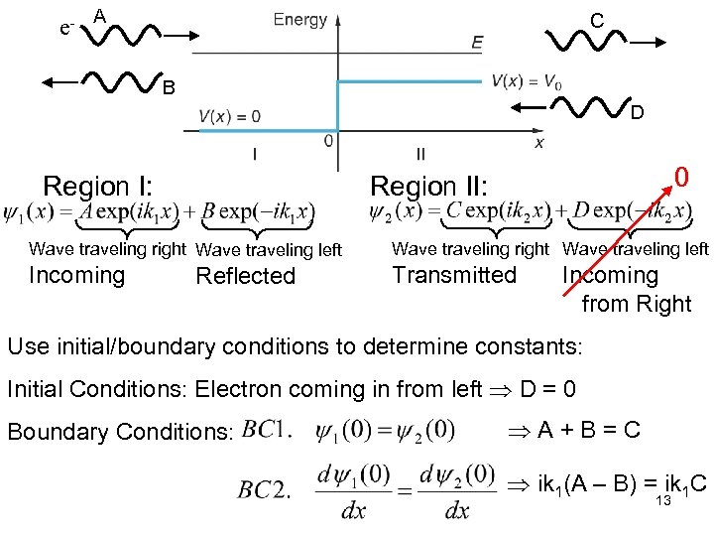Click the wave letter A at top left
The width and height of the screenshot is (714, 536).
click(99, 15)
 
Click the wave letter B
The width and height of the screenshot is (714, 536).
click(169, 88)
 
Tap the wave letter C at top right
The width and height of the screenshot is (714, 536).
click(596, 20)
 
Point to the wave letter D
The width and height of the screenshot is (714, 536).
click(637, 114)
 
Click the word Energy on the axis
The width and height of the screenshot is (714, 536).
click(299, 19)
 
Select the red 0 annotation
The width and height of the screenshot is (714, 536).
click(681, 179)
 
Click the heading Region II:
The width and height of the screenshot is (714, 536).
click(428, 186)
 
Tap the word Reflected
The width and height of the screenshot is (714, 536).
click(246, 276)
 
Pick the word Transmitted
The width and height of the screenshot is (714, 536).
click(454, 275)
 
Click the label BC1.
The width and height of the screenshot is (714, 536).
click(267, 429)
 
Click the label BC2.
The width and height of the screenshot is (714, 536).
click(265, 489)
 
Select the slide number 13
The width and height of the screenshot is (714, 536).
click(663, 501)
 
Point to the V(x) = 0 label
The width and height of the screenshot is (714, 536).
click(230, 116)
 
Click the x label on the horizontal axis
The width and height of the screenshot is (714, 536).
click(539, 143)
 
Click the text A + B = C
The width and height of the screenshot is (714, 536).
click(589, 430)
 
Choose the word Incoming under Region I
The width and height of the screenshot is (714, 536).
click(77, 275)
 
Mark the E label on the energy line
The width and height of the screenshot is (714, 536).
click(478, 42)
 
